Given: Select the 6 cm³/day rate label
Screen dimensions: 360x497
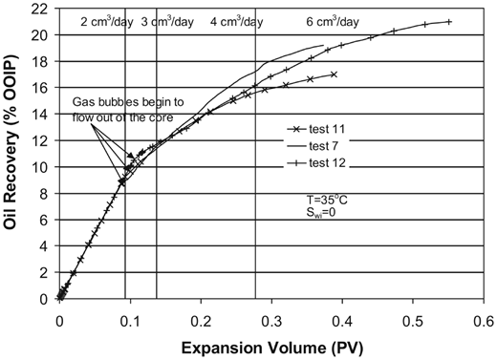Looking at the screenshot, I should coord(333,21).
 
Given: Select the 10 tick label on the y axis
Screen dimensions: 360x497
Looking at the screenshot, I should coord(38,167).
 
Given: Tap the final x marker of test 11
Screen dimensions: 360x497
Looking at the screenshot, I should coord(334,74).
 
